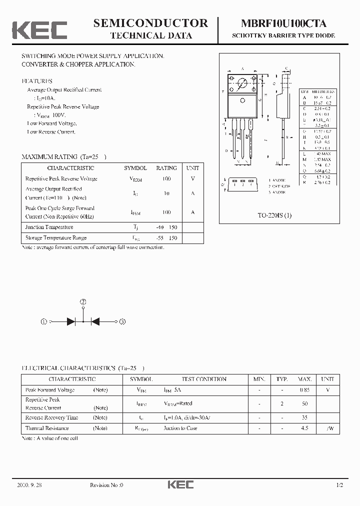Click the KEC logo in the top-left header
point(39,30)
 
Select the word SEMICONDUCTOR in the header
point(150,23)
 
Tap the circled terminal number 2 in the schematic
point(83,302)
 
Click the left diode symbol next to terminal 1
point(71,322)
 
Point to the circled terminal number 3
point(122,322)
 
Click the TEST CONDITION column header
point(204,379)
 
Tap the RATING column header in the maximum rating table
point(166,168)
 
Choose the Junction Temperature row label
point(49,227)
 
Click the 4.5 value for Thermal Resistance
point(305,428)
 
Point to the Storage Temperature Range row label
point(56,238)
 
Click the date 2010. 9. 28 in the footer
point(30,485)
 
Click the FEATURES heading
point(37,81)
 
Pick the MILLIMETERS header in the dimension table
point(324,92)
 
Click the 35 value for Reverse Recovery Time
point(305,417)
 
